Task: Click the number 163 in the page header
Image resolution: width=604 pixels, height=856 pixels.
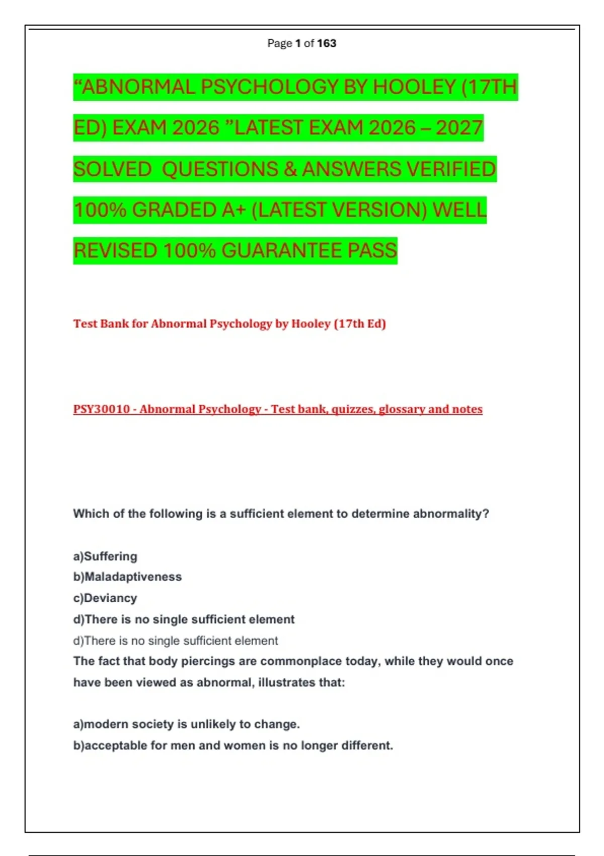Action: click(327, 43)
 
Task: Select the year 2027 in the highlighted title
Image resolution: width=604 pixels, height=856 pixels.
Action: click(460, 128)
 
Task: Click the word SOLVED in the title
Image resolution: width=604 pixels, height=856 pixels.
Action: click(112, 169)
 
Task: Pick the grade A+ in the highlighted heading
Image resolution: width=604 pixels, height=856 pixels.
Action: click(234, 210)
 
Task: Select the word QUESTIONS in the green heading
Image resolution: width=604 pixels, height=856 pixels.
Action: click(220, 169)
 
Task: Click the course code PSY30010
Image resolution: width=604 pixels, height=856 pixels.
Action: click(102, 409)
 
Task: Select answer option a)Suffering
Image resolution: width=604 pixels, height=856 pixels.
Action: click(105, 556)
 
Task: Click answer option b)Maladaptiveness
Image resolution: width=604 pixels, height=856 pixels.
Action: click(127, 577)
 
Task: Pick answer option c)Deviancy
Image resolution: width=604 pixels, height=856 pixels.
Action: click(105, 598)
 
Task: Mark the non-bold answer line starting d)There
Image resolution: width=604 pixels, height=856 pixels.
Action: click(175, 641)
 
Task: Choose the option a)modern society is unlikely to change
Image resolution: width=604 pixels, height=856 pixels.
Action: click(186, 725)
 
